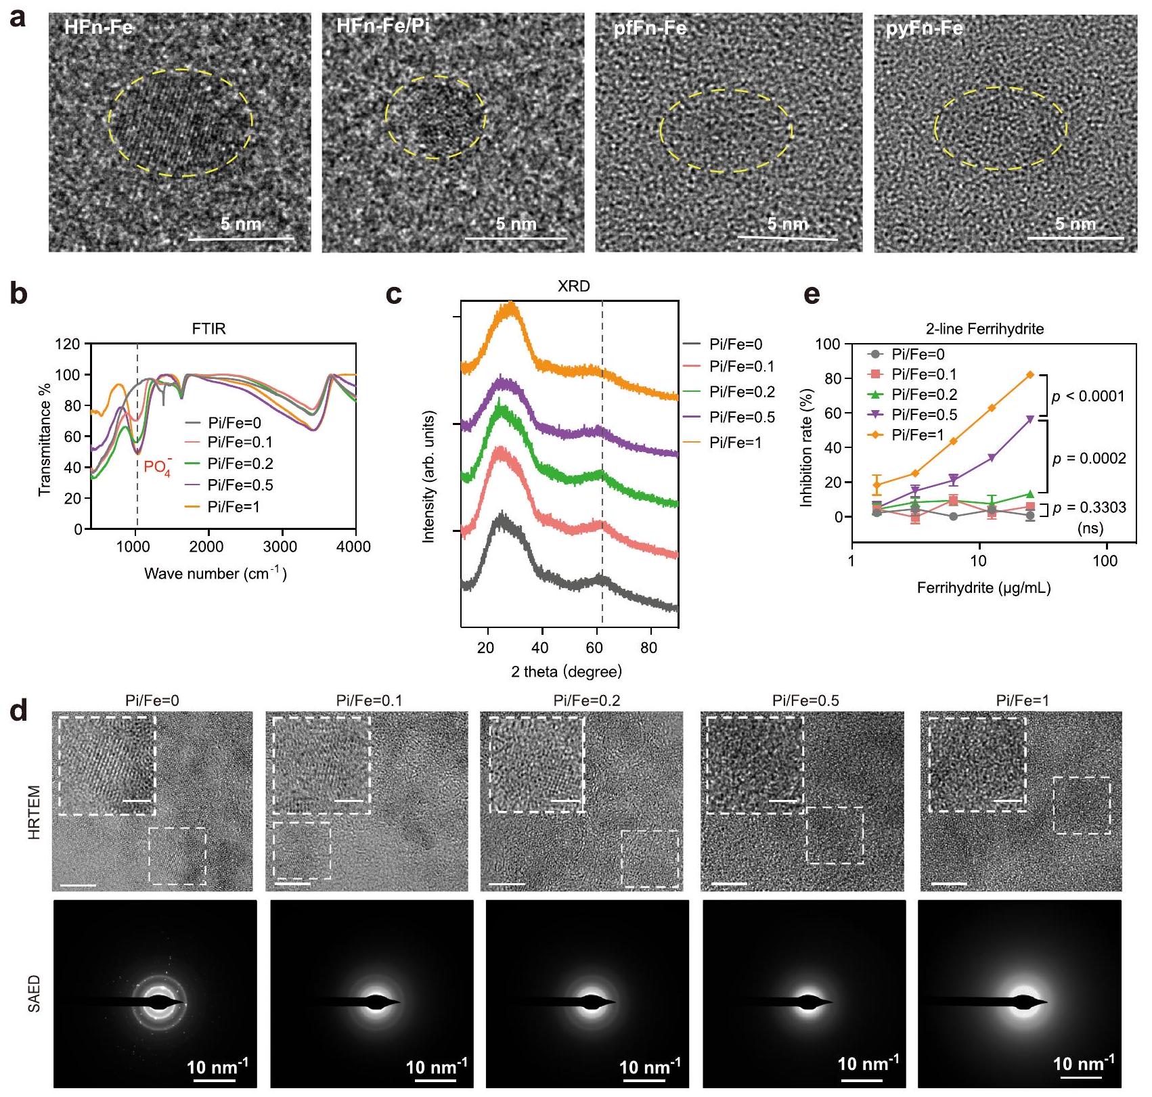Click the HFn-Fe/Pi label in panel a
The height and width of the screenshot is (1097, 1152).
tap(382, 27)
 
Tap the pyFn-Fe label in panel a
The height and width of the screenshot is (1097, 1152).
tap(924, 29)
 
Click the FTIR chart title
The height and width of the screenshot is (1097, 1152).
tap(208, 330)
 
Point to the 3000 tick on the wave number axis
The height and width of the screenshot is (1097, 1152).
tap(280, 547)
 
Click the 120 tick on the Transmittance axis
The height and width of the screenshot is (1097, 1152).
tap(68, 344)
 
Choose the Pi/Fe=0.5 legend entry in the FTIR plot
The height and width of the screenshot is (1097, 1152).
tap(240, 485)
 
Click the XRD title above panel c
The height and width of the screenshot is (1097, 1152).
tap(573, 286)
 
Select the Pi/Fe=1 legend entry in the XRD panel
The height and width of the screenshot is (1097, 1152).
tap(735, 443)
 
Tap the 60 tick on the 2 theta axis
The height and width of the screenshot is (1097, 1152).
tap(594, 648)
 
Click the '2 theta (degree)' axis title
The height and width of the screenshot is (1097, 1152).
tap(566, 672)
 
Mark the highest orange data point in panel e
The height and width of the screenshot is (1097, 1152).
tap(1030, 375)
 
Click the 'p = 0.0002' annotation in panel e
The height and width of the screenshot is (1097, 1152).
tap(1089, 459)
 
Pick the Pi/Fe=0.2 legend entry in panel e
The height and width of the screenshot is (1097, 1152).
tap(924, 395)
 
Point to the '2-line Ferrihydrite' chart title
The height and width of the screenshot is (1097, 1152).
tap(985, 329)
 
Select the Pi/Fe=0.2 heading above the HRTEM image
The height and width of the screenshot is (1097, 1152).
tap(586, 700)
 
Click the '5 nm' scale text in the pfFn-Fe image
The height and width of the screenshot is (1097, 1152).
tap(788, 224)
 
